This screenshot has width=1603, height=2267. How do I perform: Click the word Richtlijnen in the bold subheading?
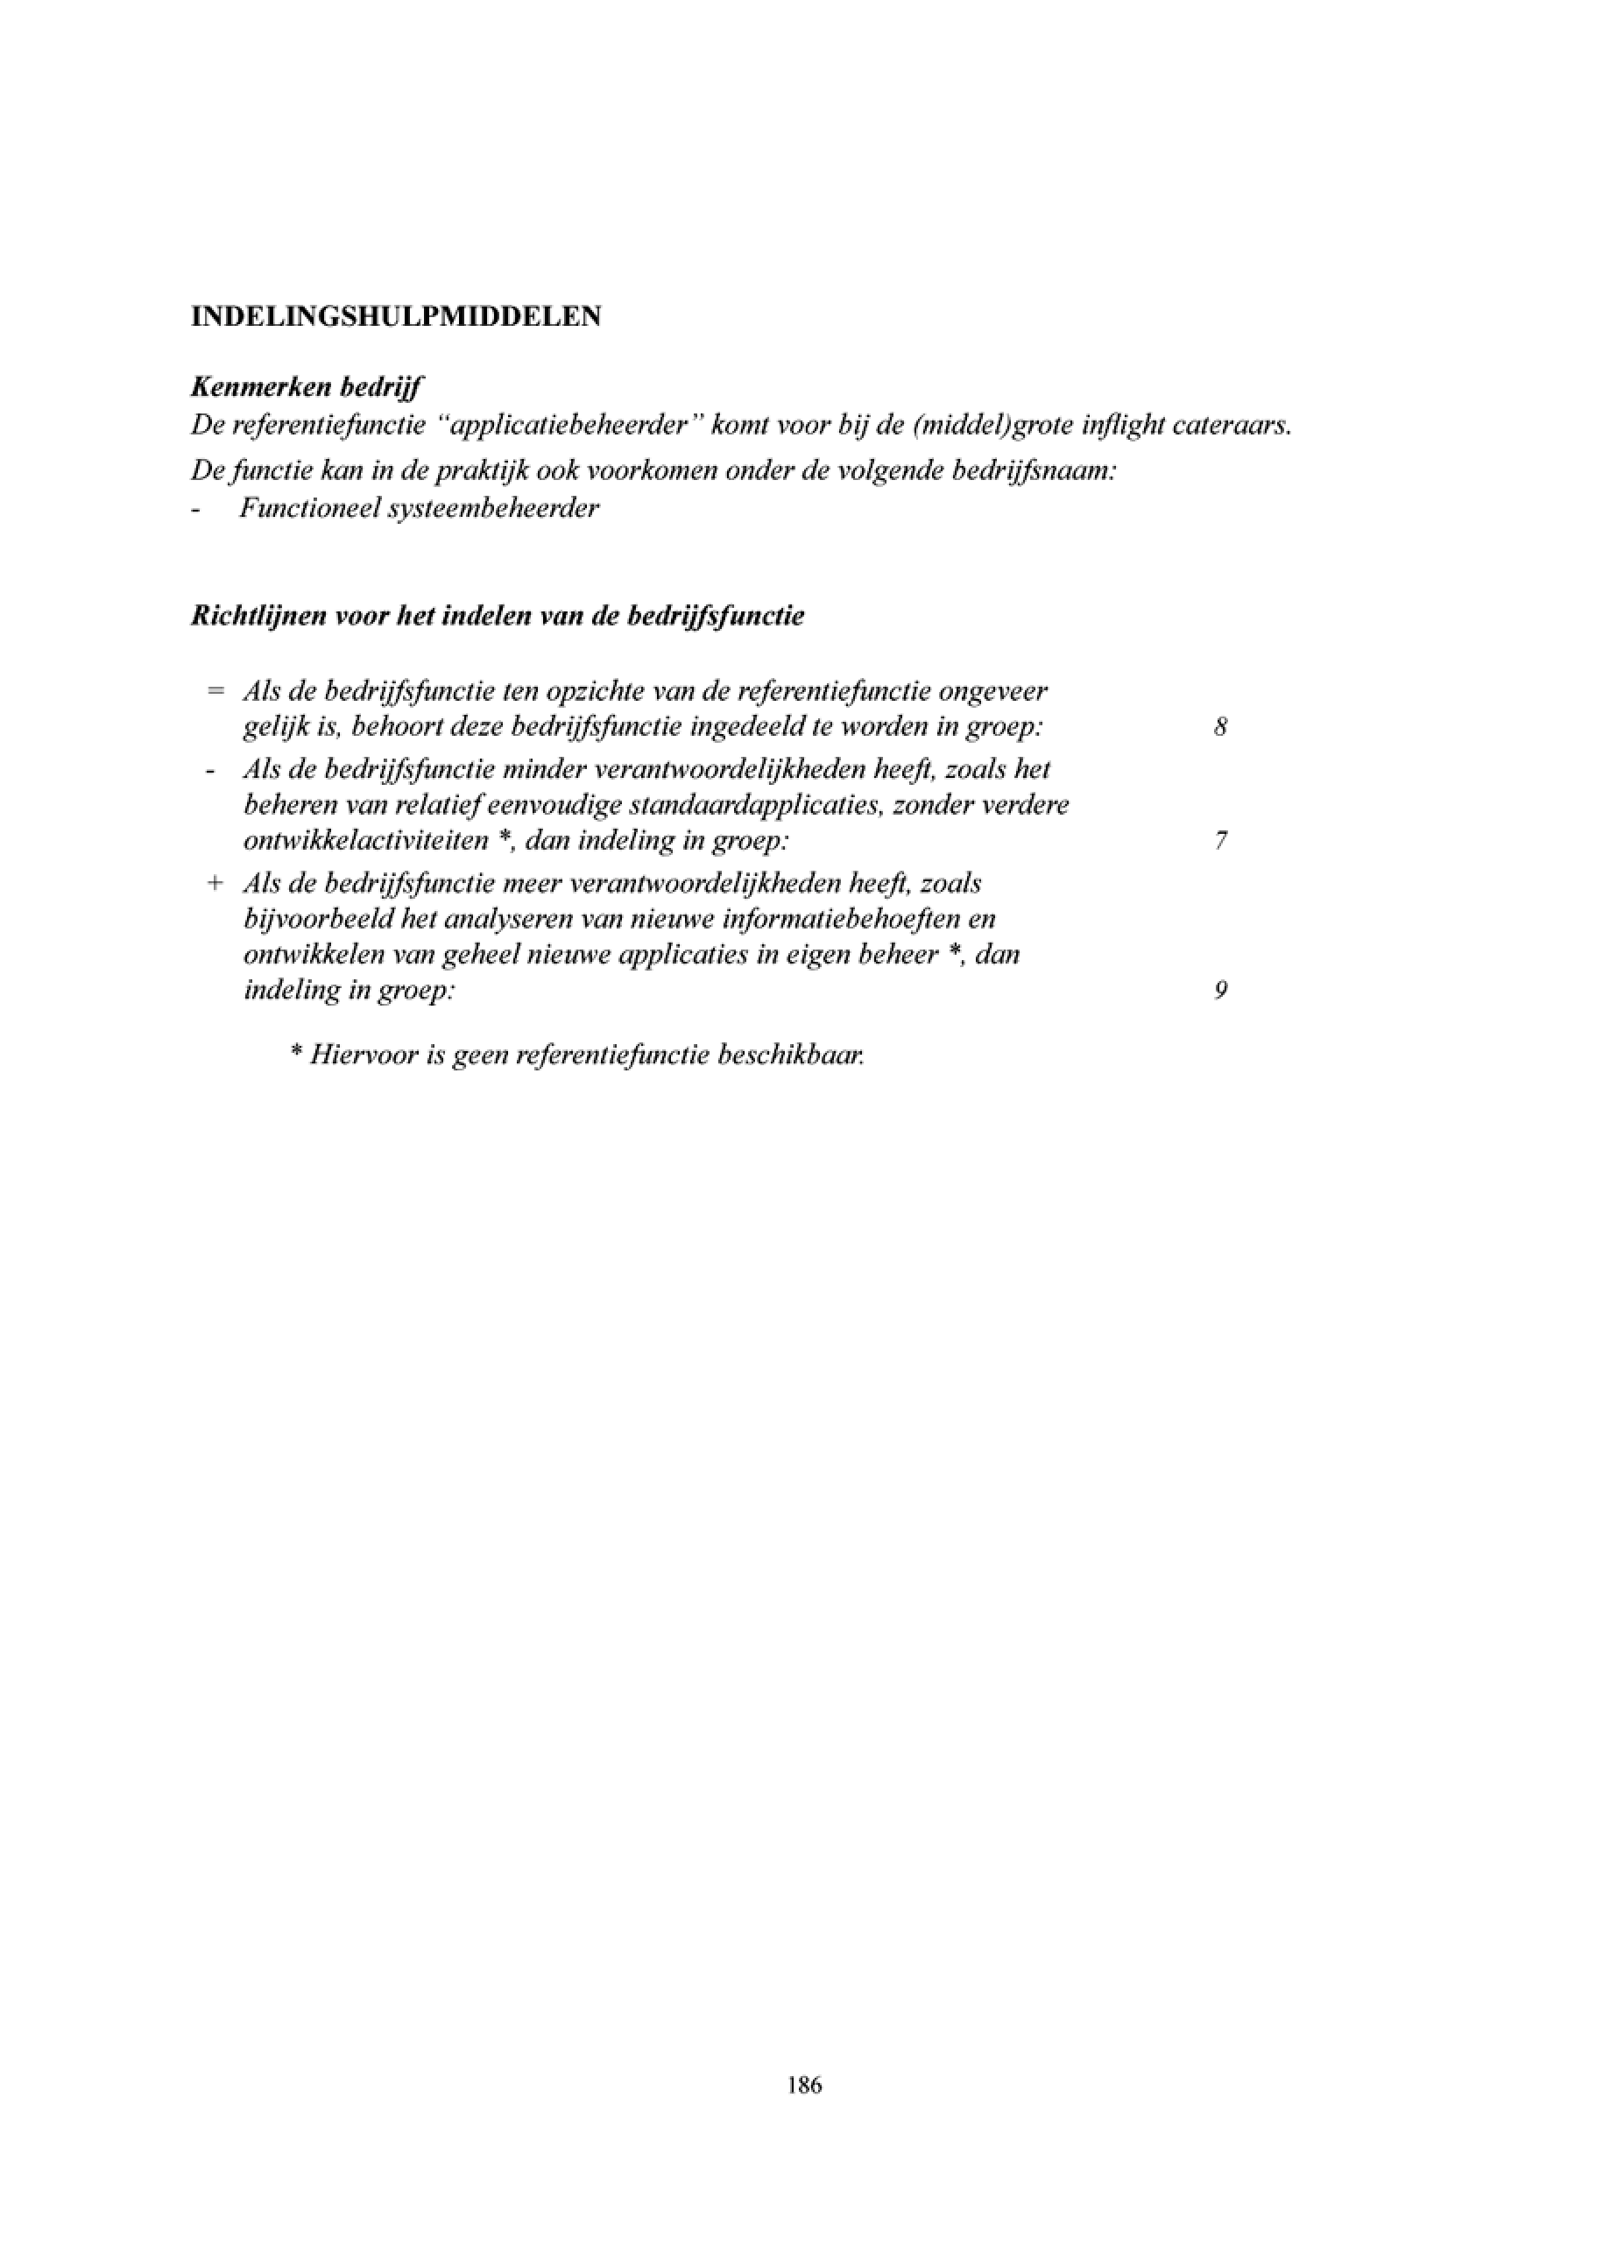tap(258, 616)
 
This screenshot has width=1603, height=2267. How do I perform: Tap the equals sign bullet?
tap(215, 690)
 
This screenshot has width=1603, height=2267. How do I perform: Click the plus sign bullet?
tap(215, 883)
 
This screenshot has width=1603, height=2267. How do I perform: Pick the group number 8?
tap(1221, 728)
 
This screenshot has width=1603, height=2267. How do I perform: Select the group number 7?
tap(1221, 841)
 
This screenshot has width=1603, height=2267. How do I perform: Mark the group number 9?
tap(1221, 991)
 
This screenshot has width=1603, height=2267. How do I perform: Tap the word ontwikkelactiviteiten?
tap(366, 841)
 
